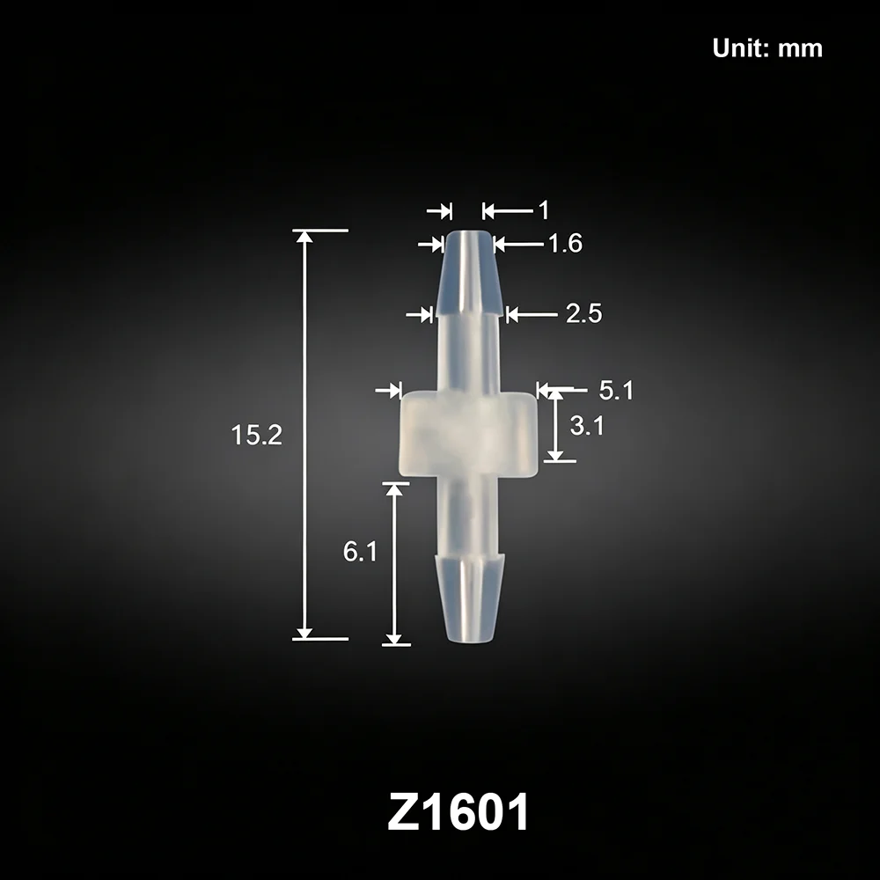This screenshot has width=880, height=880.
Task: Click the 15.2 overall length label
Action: pyautogui.click(x=256, y=435)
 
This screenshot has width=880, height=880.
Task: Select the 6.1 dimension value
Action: pyautogui.click(x=360, y=552)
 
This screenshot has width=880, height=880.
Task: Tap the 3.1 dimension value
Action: pyautogui.click(x=587, y=426)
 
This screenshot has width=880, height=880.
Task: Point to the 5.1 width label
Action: pyautogui.click(x=616, y=390)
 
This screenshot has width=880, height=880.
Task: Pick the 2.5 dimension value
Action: pyautogui.click(x=583, y=313)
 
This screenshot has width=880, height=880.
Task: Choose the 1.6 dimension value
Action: pyautogui.click(x=565, y=244)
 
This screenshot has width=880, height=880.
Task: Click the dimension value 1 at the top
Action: pyautogui.click(x=543, y=210)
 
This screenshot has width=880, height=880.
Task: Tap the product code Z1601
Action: pyautogui.click(x=458, y=812)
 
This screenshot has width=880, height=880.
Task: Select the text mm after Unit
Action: pyautogui.click(x=800, y=49)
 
